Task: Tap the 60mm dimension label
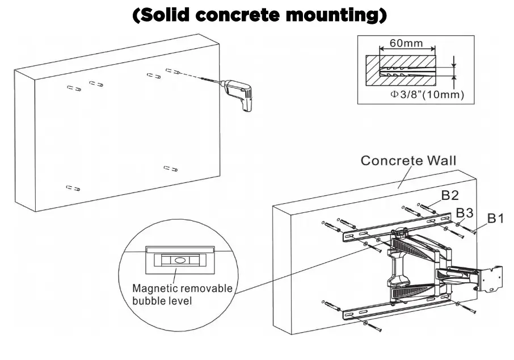pyautogui.click(x=407, y=43)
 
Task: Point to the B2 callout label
pyautogui.click(x=450, y=196)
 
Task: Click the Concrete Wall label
pyautogui.click(x=408, y=161)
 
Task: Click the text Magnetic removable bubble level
pyautogui.click(x=182, y=294)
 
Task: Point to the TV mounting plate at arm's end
pyautogui.click(x=490, y=279)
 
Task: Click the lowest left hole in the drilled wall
pyautogui.click(x=73, y=188)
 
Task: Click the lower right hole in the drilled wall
pyautogui.click(x=170, y=168)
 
